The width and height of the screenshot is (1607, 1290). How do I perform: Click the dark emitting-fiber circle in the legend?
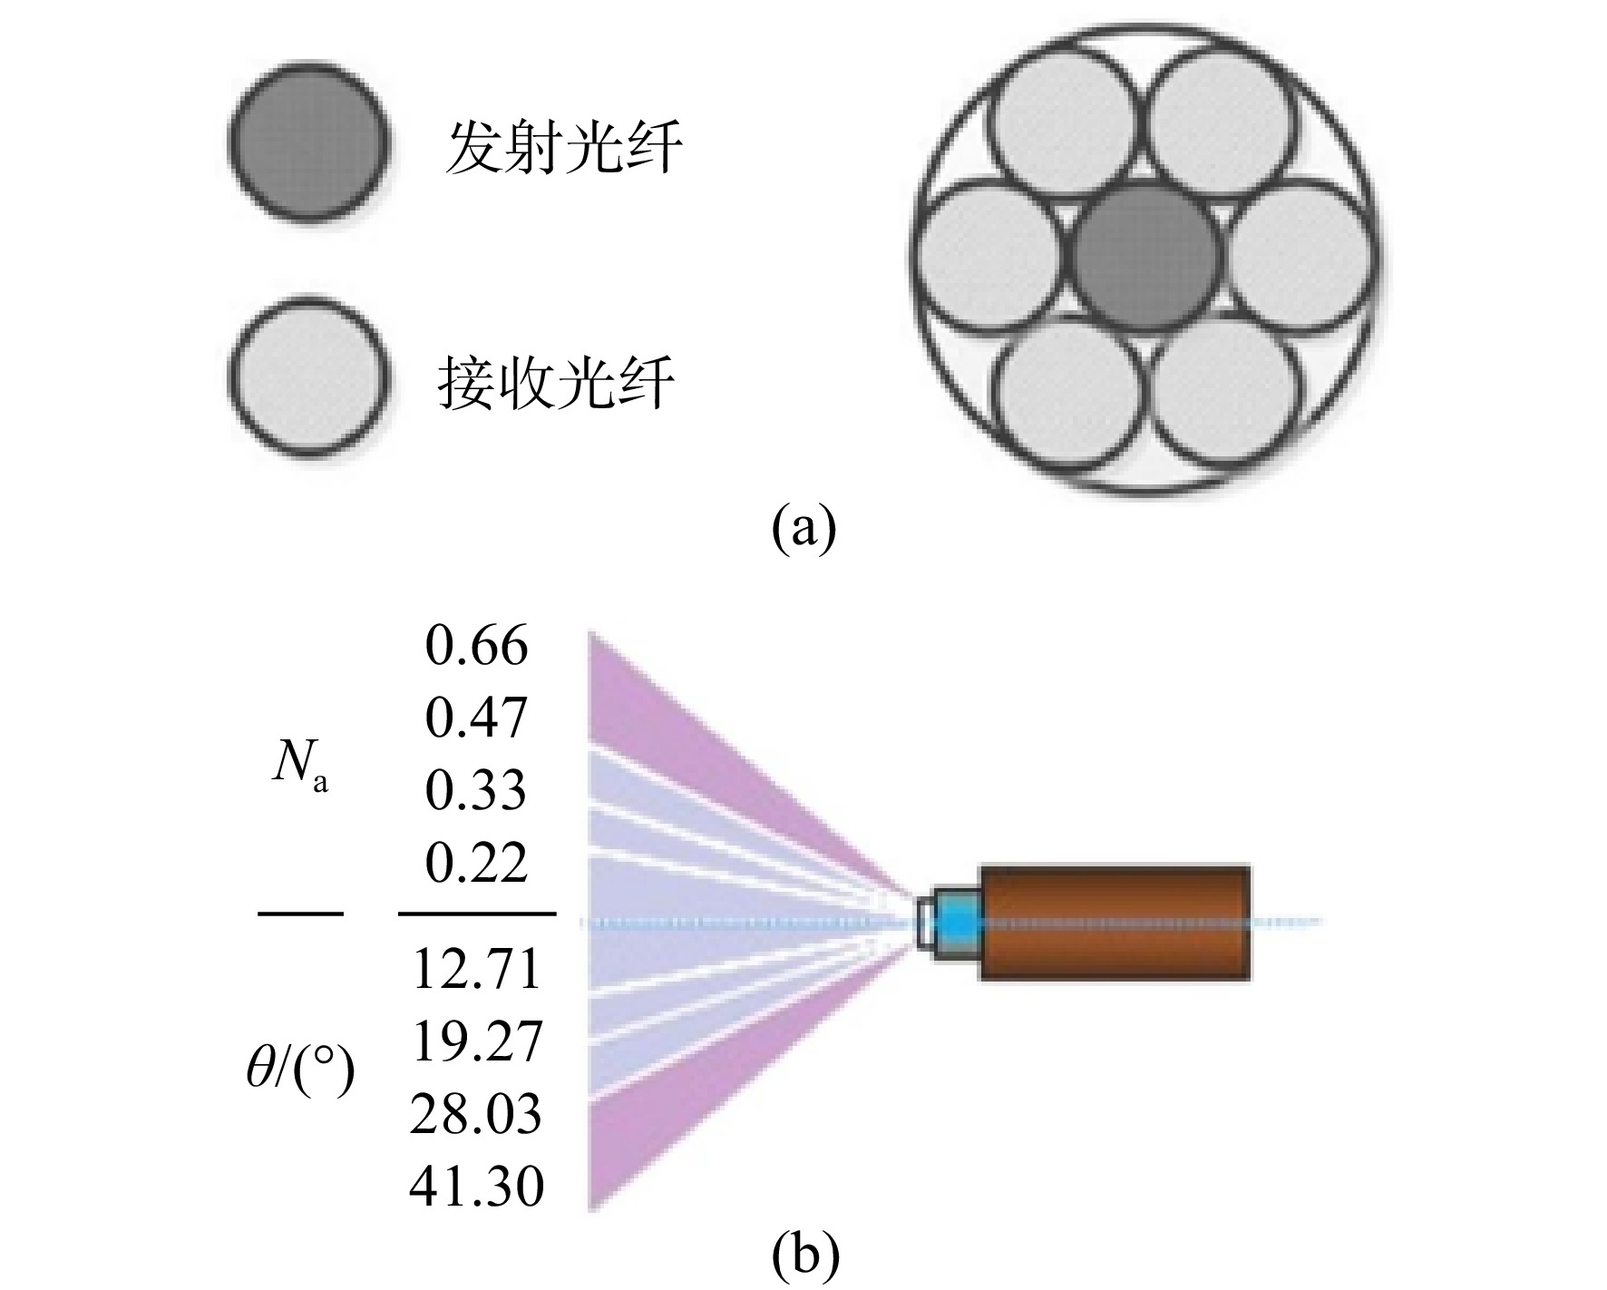pos(308,143)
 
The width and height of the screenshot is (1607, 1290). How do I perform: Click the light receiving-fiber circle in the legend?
pos(308,376)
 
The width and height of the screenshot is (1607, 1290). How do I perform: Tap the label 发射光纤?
pos(562,147)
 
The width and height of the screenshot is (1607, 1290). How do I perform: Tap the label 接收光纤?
pos(557,382)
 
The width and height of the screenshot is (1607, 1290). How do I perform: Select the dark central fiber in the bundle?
pos(1148,259)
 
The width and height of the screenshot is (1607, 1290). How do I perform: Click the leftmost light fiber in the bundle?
pos(989,254)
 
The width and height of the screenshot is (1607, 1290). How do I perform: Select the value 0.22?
pos(476,862)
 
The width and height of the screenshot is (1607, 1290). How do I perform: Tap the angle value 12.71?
pos(476,968)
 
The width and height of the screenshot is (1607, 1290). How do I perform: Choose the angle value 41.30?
pos(476,1185)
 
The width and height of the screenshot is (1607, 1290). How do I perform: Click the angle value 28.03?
pos(476,1113)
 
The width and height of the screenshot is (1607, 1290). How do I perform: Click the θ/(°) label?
pos(300,1072)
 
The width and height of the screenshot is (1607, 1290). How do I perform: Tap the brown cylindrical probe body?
pos(1115,924)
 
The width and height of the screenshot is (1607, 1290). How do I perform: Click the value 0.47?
pos(476,718)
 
